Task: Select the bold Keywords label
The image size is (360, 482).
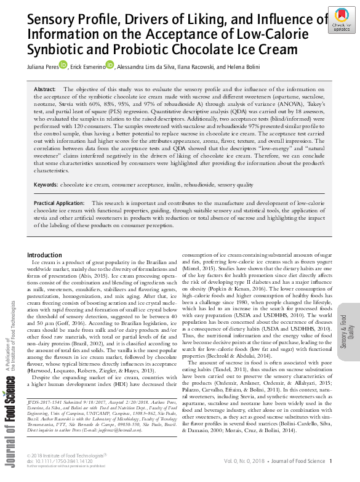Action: pos(46,185)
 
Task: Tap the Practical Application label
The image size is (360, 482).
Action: pos(59,203)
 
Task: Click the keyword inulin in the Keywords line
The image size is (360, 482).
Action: pos(163,185)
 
